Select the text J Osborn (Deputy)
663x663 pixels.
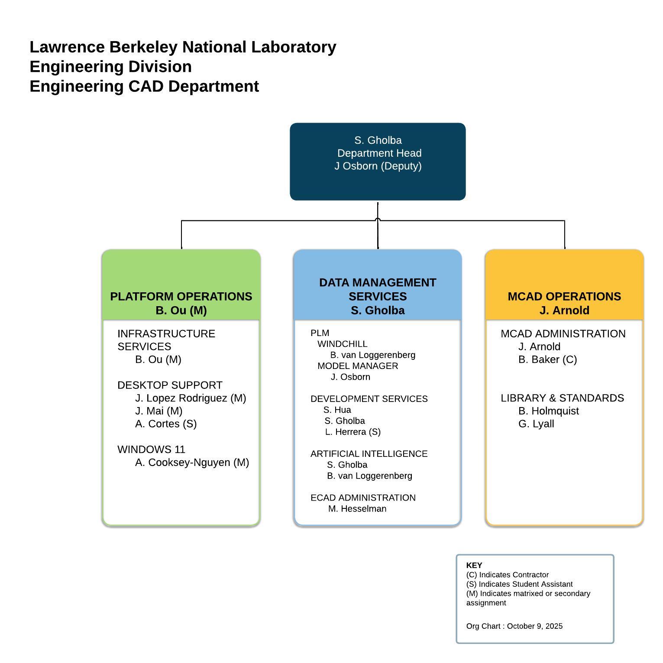point(378,166)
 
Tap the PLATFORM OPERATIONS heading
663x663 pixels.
point(181,297)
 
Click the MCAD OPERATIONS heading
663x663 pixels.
point(564,297)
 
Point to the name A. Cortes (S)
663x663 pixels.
point(166,424)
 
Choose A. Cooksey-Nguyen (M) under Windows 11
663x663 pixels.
point(192,462)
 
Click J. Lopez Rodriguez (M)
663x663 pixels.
point(190,398)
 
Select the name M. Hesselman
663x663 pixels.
point(357,509)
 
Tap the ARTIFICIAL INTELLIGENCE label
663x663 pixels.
point(369,454)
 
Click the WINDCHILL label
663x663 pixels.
point(342,344)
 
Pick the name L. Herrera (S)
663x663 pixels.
point(353,432)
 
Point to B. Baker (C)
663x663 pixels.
point(547,359)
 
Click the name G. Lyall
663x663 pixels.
point(536,424)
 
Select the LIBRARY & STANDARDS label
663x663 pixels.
point(562,398)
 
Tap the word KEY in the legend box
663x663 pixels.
point(474,565)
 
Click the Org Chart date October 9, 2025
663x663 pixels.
point(534,626)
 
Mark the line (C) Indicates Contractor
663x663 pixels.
point(507,575)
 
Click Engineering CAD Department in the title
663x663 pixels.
point(144,86)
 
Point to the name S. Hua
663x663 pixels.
point(337,410)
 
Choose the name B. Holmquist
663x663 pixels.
point(548,411)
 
